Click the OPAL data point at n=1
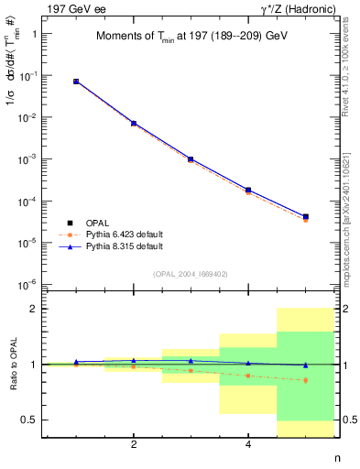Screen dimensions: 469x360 pos(76,82)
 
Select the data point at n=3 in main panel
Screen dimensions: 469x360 pos(191,158)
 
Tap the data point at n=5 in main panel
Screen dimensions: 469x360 pos(305,217)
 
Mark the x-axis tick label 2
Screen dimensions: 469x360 pos(134,445)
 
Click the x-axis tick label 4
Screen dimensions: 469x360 pos(248,445)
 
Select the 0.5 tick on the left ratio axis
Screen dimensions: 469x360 pos(34,420)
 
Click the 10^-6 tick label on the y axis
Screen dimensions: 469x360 pos(33,284)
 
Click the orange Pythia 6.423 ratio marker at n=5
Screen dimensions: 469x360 pos(305,380)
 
